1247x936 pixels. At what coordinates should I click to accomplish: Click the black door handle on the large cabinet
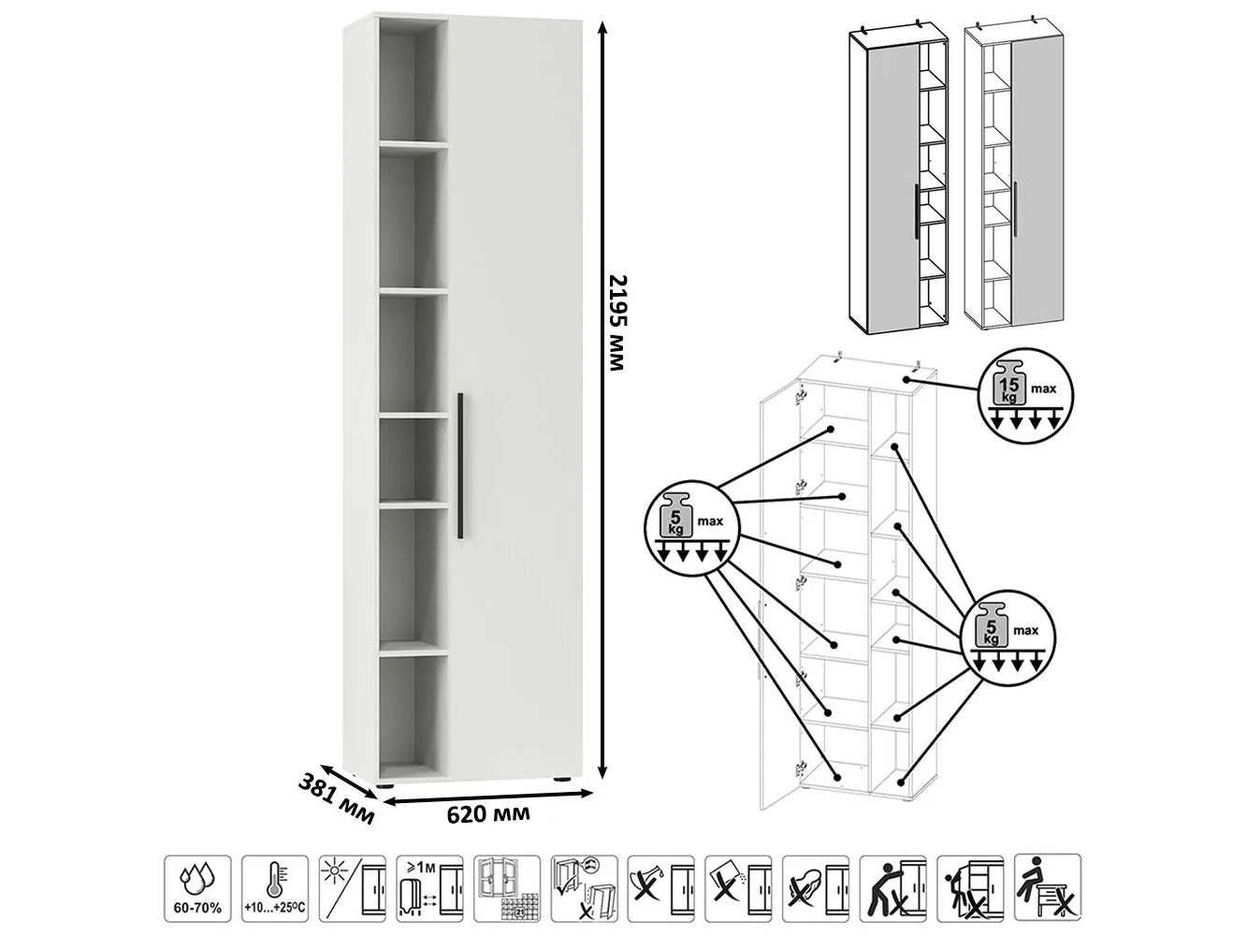click(x=460, y=465)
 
